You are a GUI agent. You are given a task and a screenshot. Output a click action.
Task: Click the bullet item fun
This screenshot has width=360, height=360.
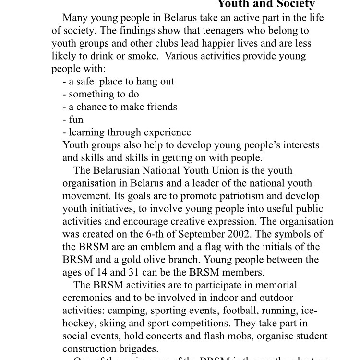pyautogui.click(x=76, y=120)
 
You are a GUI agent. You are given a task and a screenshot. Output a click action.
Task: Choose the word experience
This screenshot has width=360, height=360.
pyautogui.click(x=167, y=132)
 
